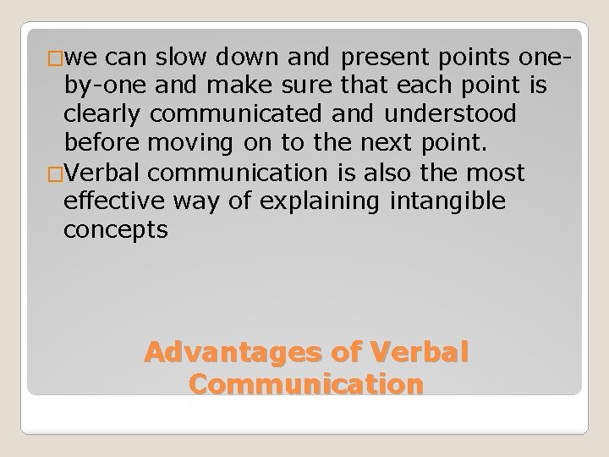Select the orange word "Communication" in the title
(305, 383)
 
